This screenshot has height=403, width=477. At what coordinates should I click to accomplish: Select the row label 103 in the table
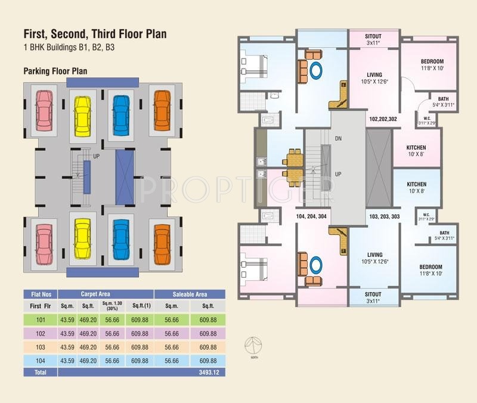[41, 347]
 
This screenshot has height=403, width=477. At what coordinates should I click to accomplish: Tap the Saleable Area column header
[190, 294]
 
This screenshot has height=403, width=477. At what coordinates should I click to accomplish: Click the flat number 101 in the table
[41, 320]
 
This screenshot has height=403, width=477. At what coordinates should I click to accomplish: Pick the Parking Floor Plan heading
[55, 71]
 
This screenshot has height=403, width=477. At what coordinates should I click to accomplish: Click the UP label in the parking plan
[95, 157]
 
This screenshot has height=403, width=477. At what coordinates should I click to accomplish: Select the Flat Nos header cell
[41, 294]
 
